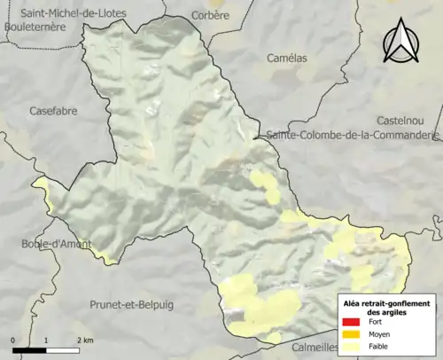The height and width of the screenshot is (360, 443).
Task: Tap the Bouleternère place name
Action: [35, 27]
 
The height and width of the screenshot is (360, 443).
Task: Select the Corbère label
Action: [210, 15]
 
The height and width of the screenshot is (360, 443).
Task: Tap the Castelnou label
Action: [403, 120]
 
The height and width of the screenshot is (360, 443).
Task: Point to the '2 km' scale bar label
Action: [86, 340]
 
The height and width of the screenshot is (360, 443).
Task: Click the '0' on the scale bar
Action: [14, 340]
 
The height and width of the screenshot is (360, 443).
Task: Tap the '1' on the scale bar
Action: [45, 340]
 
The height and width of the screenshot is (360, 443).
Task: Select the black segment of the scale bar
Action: [29, 351]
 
